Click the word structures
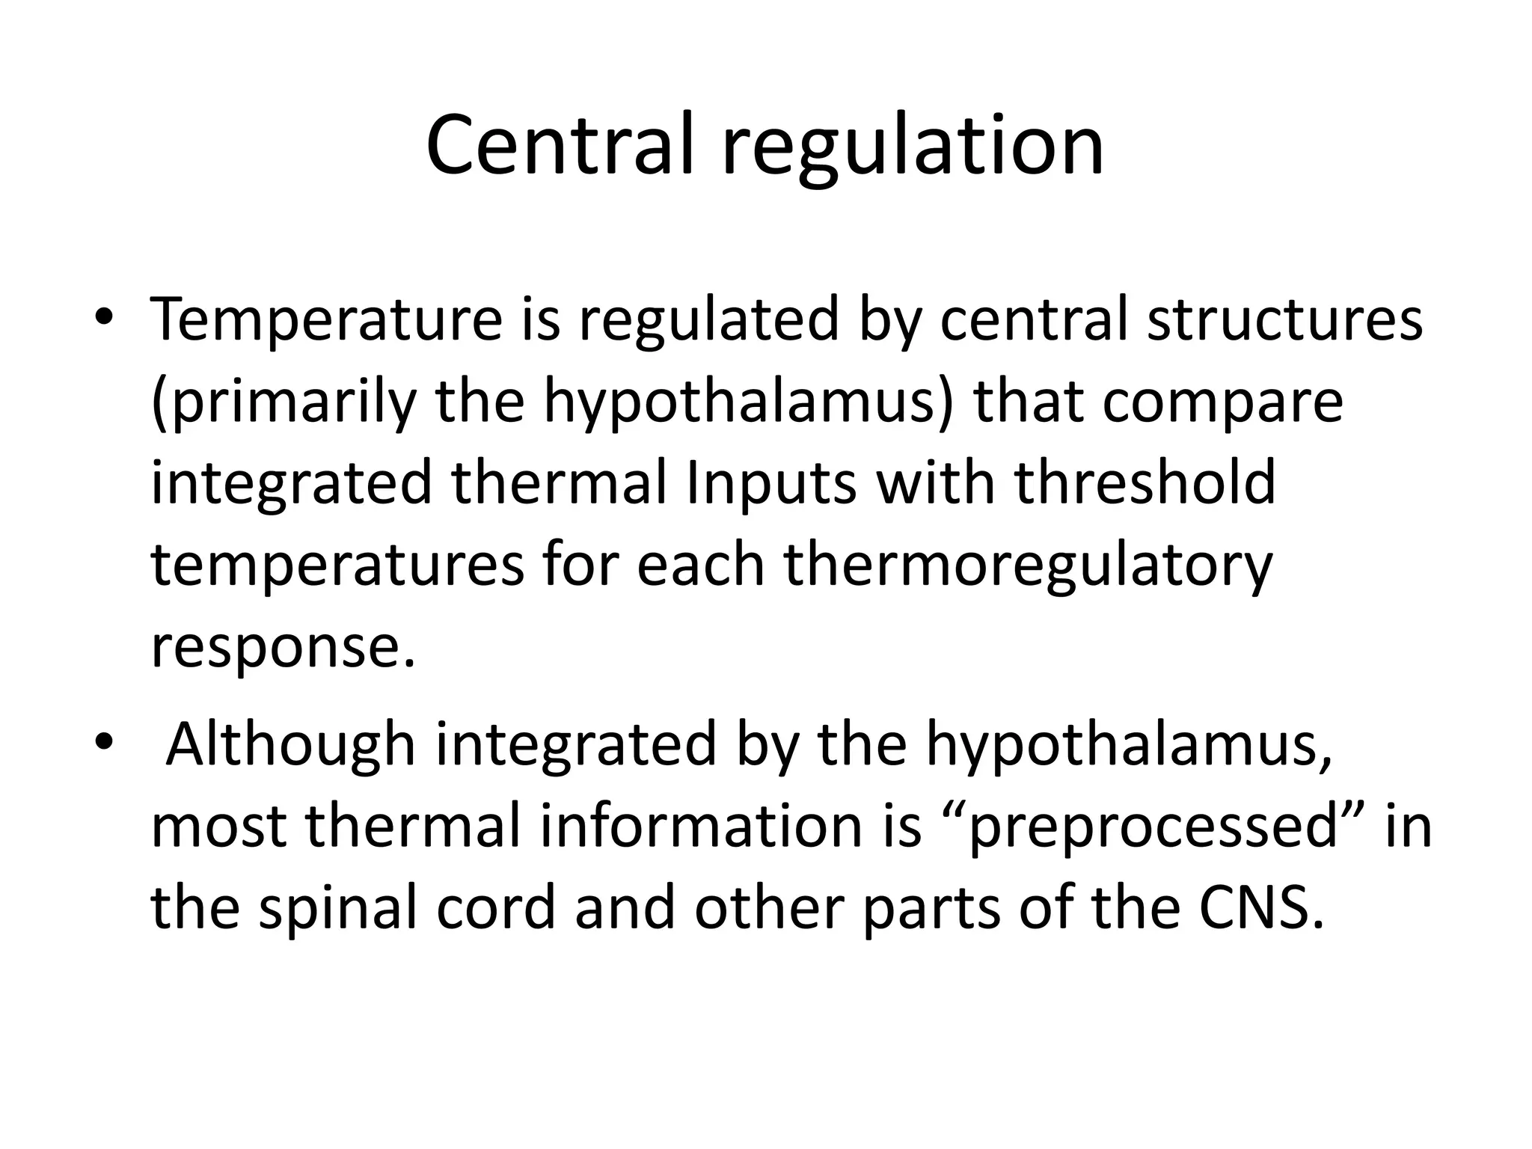point(1284,320)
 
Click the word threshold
point(1145,482)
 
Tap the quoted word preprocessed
point(1153,827)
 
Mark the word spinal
point(336,910)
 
